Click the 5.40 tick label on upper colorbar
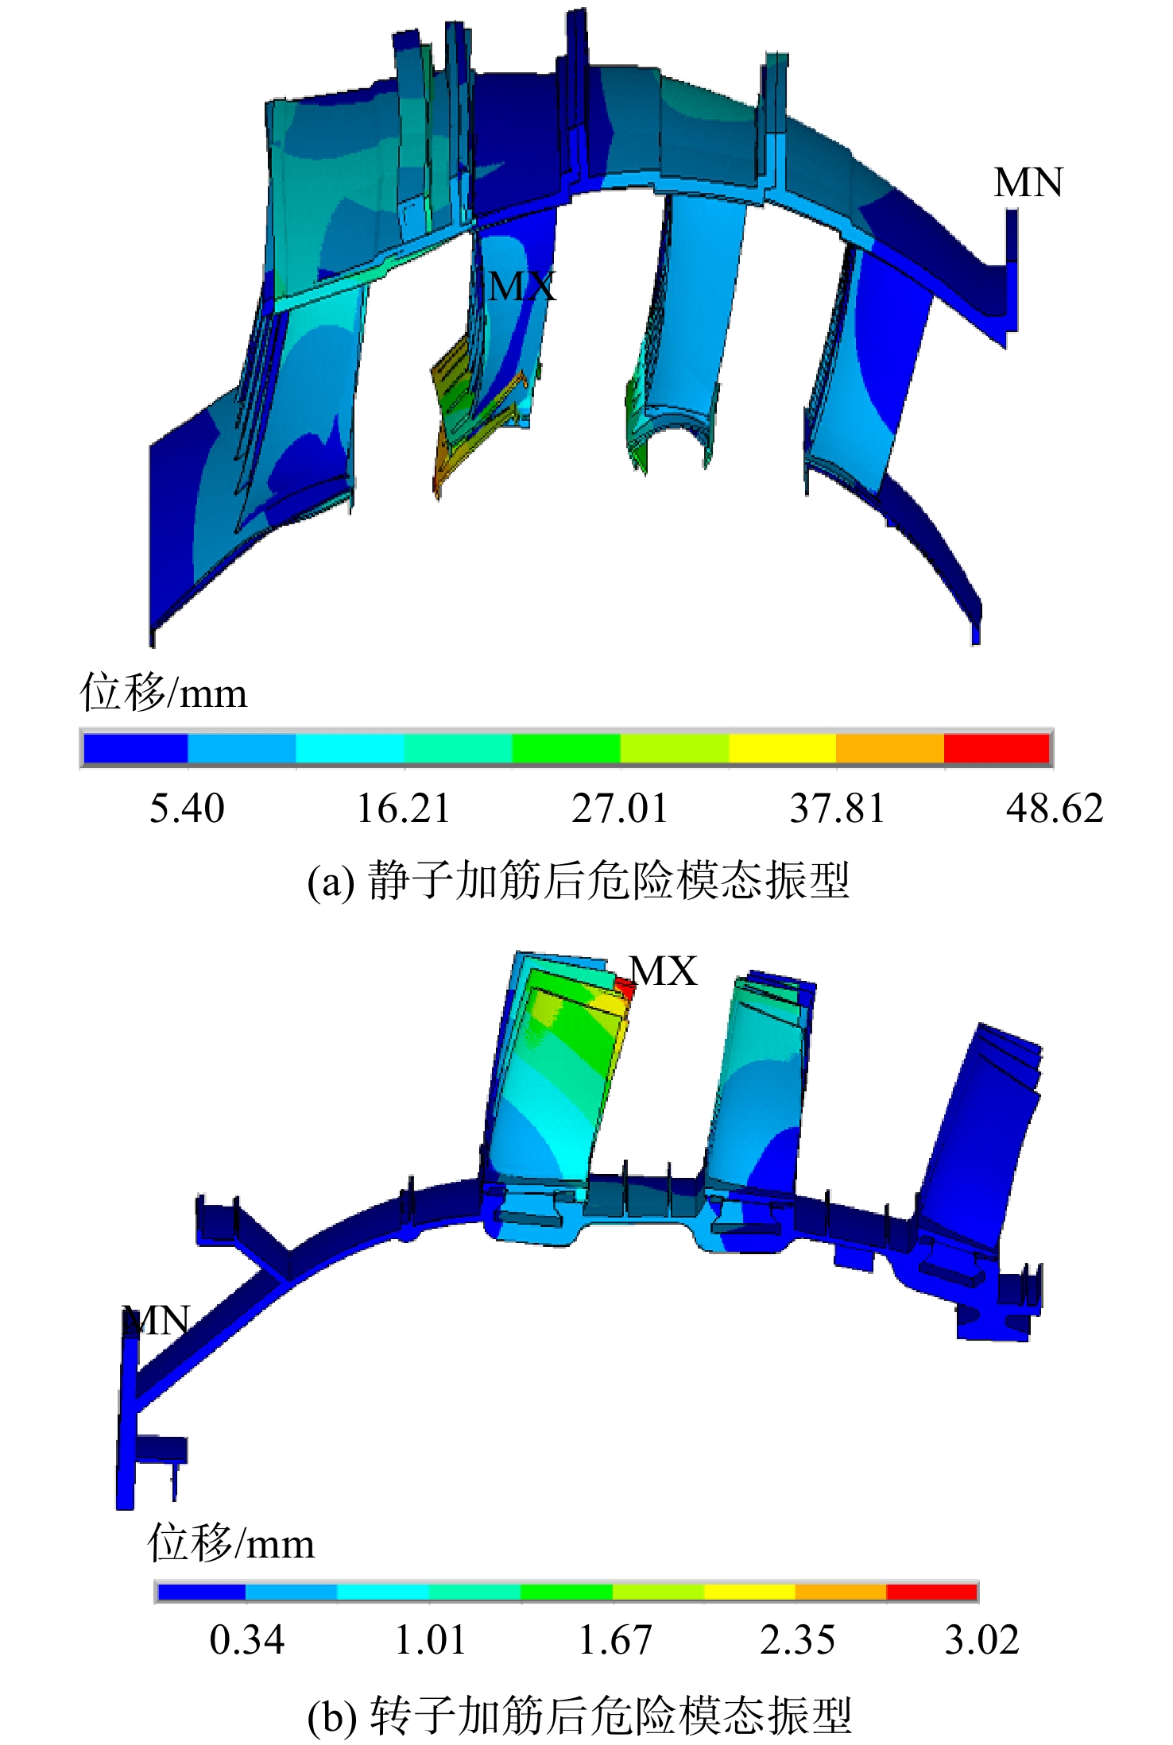pos(187,808)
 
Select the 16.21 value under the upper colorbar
pos(403,808)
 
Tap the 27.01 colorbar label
pos(620,808)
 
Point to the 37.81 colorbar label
pos(837,808)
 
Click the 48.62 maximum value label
pos(1055,808)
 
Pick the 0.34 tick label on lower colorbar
pos(246,1640)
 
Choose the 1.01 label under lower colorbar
pos(430,1640)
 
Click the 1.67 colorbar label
pos(614,1640)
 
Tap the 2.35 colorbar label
pos(797,1640)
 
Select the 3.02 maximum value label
pos(981,1640)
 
